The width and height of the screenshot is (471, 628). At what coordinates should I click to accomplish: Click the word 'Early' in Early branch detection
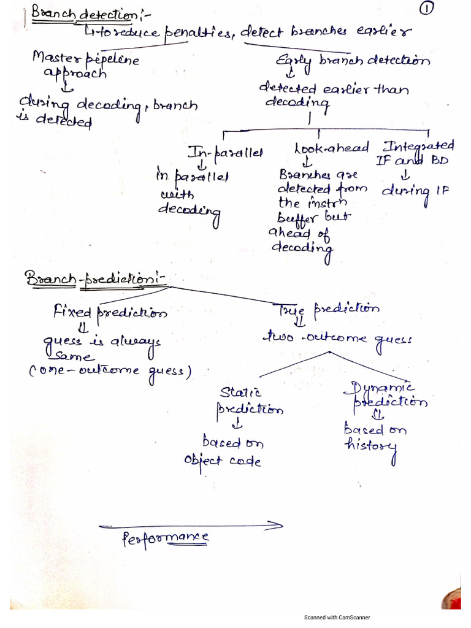coord(295,61)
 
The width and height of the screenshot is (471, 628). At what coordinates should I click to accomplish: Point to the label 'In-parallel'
coord(223,151)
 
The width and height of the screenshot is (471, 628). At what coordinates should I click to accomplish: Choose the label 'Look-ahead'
coord(331,148)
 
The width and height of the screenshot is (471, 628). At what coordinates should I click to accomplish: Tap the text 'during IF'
coord(415,190)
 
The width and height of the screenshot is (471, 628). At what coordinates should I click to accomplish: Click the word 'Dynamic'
coord(383,386)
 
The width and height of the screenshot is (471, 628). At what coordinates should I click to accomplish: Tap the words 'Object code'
coord(221,461)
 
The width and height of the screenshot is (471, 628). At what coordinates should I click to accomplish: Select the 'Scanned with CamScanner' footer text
coord(337,618)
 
